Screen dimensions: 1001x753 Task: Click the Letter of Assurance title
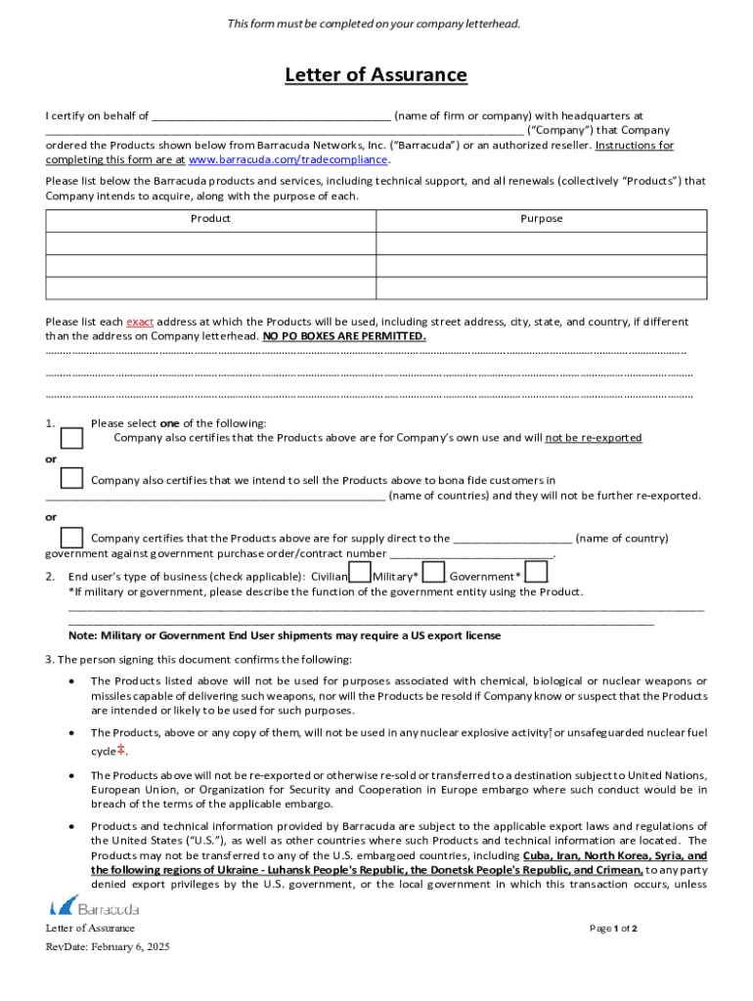pos(376,75)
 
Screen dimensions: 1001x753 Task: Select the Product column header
pos(210,219)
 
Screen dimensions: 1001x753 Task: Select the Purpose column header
pos(541,219)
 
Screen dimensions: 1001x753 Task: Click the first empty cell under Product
pos(210,243)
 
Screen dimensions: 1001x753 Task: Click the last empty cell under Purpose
pos(541,288)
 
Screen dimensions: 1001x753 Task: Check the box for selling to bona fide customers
pos(71,478)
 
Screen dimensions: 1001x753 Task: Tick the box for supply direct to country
pos(71,537)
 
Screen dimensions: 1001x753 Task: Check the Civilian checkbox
pos(360,573)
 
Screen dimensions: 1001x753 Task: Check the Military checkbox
pos(434,573)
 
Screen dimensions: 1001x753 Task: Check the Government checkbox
pos(536,573)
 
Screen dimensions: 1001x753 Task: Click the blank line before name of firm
pos(271,116)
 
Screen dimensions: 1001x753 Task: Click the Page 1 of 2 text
pos(613,929)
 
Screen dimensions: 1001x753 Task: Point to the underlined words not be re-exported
pos(593,438)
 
